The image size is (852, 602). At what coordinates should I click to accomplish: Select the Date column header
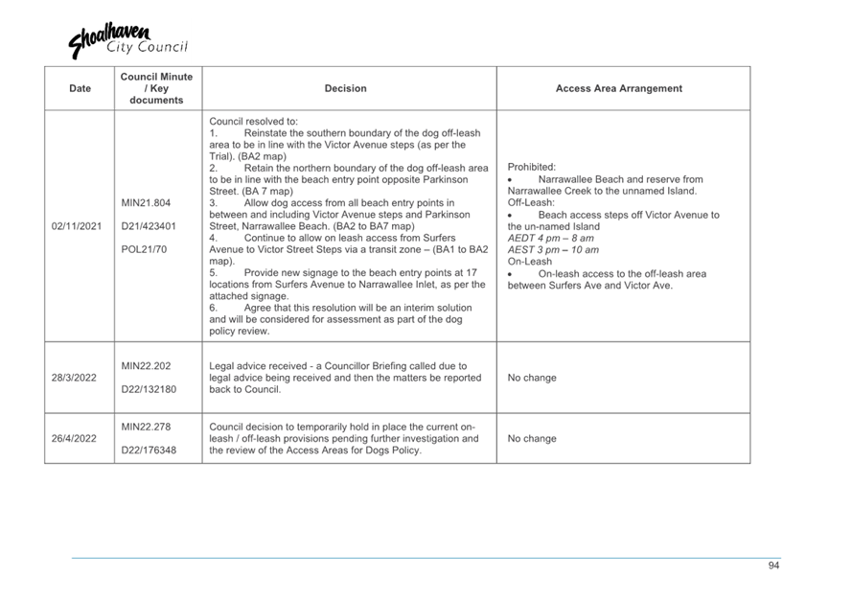point(81,89)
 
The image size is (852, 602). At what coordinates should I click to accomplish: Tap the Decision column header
point(345,89)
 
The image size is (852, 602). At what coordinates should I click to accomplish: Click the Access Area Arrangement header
point(619,89)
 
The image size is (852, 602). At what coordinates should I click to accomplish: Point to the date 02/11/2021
point(79,226)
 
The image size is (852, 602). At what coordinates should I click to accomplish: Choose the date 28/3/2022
point(75,378)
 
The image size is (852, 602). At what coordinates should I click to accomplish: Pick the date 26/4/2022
point(75,439)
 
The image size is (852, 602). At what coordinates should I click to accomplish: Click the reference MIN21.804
point(147,203)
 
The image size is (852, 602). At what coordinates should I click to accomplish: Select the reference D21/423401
point(149,226)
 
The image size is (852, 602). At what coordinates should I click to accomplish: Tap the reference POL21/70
point(144,249)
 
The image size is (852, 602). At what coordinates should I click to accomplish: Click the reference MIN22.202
point(147,366)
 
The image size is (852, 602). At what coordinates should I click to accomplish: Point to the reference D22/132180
point(149,389)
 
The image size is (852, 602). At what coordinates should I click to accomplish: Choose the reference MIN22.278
point(147,427)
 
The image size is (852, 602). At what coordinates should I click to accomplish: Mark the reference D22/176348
point(149,450)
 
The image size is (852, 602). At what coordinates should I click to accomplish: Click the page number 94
point(773,566)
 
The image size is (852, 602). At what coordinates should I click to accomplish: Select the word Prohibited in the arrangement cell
point(531,167)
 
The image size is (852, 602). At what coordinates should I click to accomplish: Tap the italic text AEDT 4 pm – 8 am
point(551,239)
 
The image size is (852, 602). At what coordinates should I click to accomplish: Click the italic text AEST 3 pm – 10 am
point(553,250)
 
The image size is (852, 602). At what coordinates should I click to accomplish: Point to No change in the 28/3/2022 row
point(532,378)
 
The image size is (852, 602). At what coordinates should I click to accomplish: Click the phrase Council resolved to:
point(254,122)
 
